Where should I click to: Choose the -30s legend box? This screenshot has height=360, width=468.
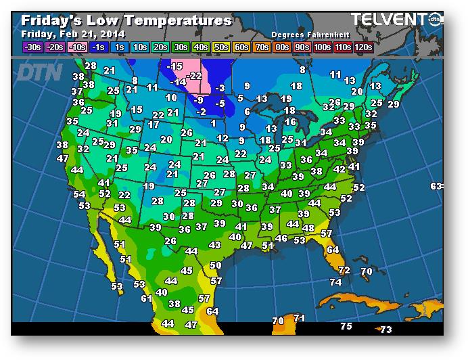(x=32, y=47)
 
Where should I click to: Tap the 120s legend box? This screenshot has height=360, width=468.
(x=363, y=47)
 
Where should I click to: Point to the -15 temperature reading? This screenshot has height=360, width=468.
(x=175, y=66)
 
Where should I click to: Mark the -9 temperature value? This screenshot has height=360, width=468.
(x=199, y=100)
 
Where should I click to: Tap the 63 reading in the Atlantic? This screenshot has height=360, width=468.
(x=436, y=186)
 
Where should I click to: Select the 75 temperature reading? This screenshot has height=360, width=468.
(x=346, y=326)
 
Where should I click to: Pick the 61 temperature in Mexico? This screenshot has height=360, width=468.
(x=147, y=298)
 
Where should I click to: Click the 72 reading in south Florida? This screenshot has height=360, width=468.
(x=344, y=270)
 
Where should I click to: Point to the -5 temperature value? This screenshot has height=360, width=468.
(x=219, y=104)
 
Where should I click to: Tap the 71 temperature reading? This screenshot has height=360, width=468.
(x=300, y=318)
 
